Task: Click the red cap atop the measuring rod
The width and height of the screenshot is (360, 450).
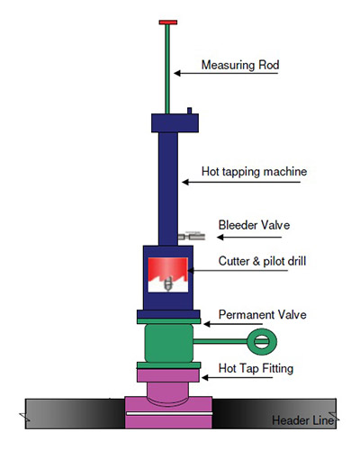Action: coord(167,21)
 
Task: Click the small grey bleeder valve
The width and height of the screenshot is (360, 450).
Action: coord(191,236)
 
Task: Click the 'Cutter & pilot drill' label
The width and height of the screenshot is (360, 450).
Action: coord(262,263)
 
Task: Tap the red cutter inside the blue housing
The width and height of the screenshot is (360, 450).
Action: coord(166,267)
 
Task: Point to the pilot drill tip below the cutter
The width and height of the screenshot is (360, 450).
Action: coord(166,286)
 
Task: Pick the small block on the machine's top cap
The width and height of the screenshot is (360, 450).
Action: coord(192,111)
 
